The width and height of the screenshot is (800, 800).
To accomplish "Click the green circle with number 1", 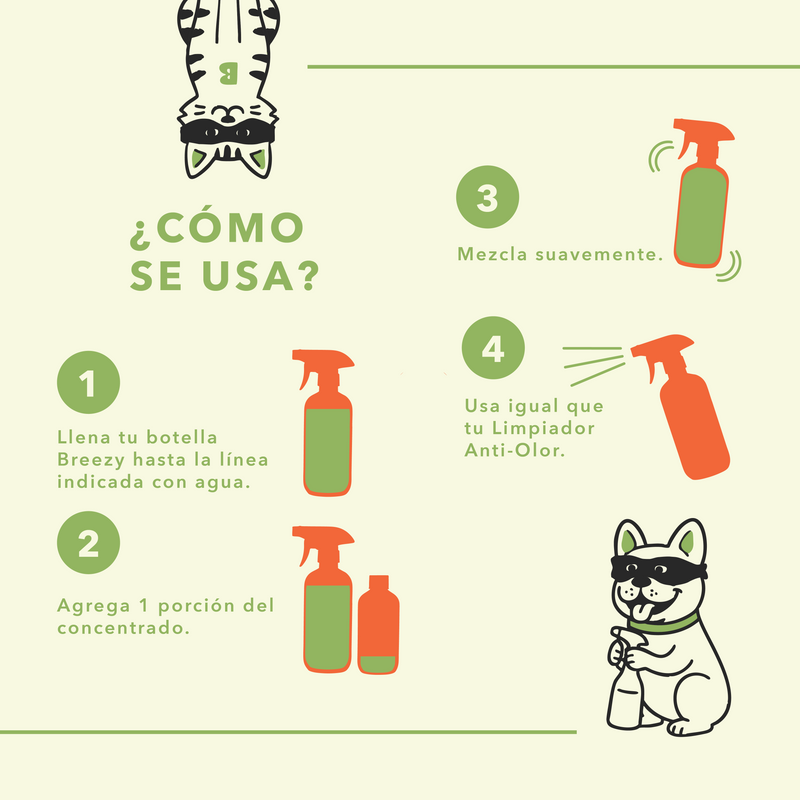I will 89,384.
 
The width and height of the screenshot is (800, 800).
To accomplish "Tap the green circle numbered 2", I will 89,544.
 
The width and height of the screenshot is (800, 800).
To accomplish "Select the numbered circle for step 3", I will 487,199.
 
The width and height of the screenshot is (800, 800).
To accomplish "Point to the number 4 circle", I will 493,350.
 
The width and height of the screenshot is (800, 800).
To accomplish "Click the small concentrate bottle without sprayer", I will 378,625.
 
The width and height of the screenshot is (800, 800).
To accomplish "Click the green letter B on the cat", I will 227,72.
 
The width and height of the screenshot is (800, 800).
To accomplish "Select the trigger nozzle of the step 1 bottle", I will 312,367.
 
